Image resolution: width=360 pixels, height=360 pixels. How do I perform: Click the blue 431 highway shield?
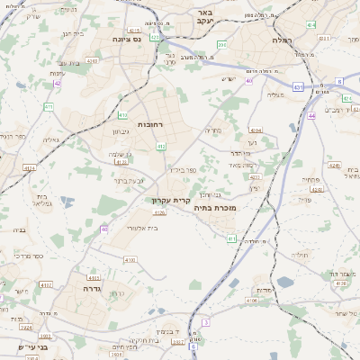pos(298,87)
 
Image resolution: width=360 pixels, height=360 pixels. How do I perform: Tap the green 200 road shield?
pos(221,44)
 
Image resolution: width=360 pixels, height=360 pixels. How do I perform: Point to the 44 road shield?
pos(311,116)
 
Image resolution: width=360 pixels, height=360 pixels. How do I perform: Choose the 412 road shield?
pos(160,146)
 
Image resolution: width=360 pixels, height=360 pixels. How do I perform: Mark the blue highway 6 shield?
pos(339,81)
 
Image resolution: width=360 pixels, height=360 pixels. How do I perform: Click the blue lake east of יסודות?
pos(285,282)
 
